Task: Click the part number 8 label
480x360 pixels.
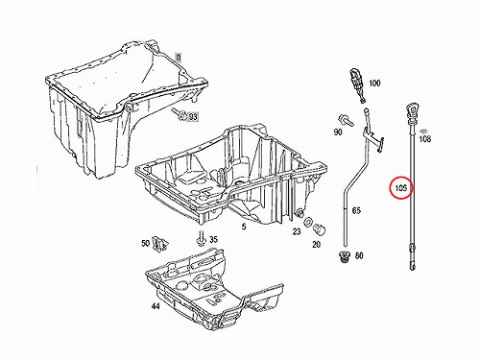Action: coord(179,58)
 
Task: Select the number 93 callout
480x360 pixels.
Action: coord(193,117)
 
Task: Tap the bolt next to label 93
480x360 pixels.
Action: coord(180,114)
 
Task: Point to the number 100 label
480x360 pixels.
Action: coord(374,84)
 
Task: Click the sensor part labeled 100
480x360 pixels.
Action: coord(357,85)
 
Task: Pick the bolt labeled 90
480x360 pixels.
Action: coord(345,120)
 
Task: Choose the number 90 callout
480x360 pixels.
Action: coord(338,132)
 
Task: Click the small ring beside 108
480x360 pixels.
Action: coord(424,131)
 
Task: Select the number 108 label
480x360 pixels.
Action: coord(425,139)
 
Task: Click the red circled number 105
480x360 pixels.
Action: coord(401,188)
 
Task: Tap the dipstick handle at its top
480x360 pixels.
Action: coord(412,112)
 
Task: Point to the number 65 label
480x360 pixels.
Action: coord(356,210)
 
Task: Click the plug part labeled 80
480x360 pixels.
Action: coord(345,257)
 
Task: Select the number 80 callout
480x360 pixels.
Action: coord(359,255)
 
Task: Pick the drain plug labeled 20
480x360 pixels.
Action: coord(320,229)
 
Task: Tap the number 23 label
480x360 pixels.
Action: coord(297,231)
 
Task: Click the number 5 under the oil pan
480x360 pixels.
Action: coord(244,227)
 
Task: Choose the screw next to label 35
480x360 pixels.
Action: coord(201,238)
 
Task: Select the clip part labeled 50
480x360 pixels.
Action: coord(160,244)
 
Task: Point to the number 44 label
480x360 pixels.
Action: coord(156,306)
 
